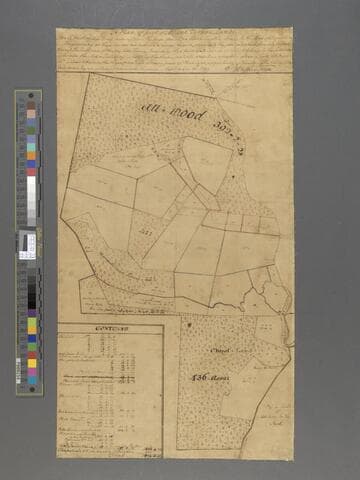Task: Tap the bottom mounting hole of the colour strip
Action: pyautogui.click(x=28, y=382)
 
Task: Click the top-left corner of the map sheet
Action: pyautogui.click(x=57, y=29)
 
